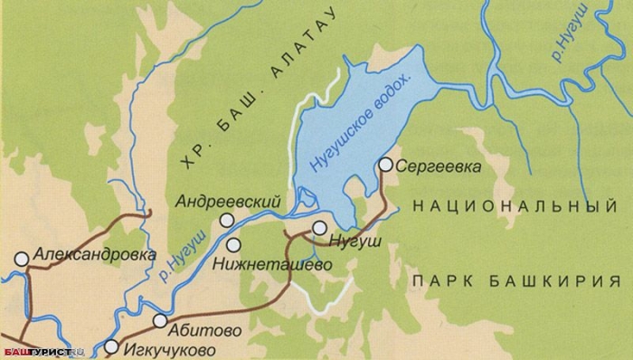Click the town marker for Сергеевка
click(386, 164)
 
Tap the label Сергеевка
click(437, 166)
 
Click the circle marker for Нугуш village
click(319, 228)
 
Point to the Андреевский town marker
click(222, 221)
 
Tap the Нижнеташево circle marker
click(234, 244)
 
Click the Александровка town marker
click(21, 258)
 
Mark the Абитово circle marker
click(160, 320)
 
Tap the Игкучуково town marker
click(111, 346)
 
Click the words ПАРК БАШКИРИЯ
click(508, 281)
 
